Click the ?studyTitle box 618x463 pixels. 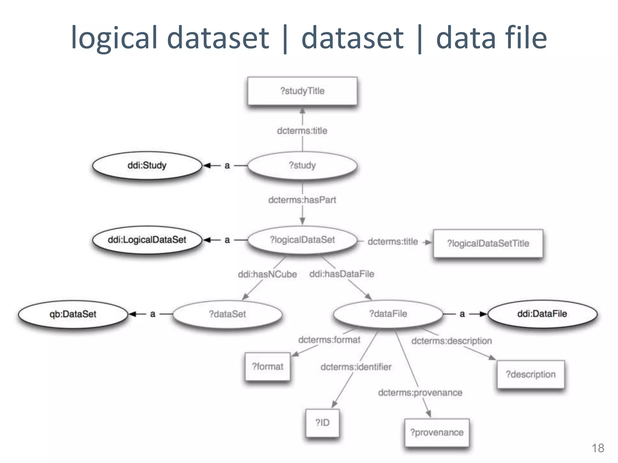coord(302,91)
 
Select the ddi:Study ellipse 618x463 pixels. coord(147,165)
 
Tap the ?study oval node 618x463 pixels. coord(302,165)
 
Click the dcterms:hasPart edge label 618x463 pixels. coord(302,200)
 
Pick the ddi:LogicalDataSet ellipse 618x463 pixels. coord(147,240)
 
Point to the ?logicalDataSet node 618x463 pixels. coord(302,240)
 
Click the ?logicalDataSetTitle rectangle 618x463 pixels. coord(488,243)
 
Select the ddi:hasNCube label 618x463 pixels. coord(267,274)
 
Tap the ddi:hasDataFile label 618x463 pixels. coord(342,274)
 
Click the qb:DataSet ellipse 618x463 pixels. coord(73,314)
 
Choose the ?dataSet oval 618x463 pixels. coord(228,314)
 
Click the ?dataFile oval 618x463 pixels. coord(388,314)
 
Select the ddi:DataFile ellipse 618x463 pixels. coord(542,314)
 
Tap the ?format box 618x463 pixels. coord(268,367)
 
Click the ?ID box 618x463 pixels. coord(322,423)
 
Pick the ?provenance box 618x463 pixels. coord(437,432)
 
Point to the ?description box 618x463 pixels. coord(530,374)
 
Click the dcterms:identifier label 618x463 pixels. coord(356,367)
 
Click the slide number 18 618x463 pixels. coord(598,448)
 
